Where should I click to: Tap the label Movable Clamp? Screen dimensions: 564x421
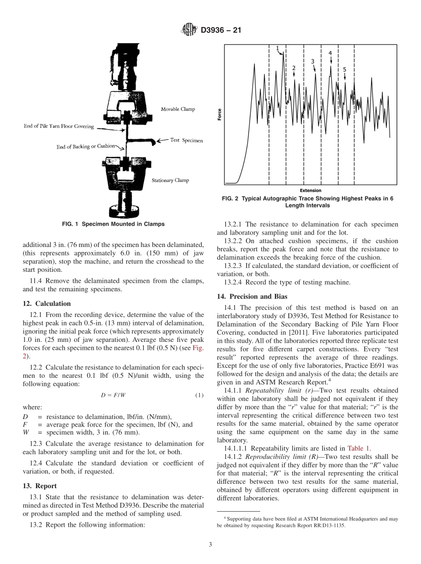point(178,109)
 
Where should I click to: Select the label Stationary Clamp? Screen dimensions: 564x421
point(170,180)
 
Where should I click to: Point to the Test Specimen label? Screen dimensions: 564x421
point(187,141)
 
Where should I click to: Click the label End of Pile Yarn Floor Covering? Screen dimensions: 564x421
point(58,126)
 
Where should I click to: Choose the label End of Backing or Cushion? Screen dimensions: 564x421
point(86,146)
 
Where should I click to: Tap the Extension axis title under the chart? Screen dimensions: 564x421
point(311,191)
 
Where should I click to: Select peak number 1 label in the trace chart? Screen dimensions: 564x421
point(277,48)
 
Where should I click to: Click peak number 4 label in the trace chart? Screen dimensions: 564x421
point(330,53)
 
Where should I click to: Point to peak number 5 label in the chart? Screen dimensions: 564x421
point(345,70)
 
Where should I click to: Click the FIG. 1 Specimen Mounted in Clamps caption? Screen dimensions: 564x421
point(113,224)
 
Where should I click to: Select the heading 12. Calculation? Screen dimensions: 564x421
point(47,304)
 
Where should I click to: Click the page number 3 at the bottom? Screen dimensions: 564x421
point(210,545)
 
